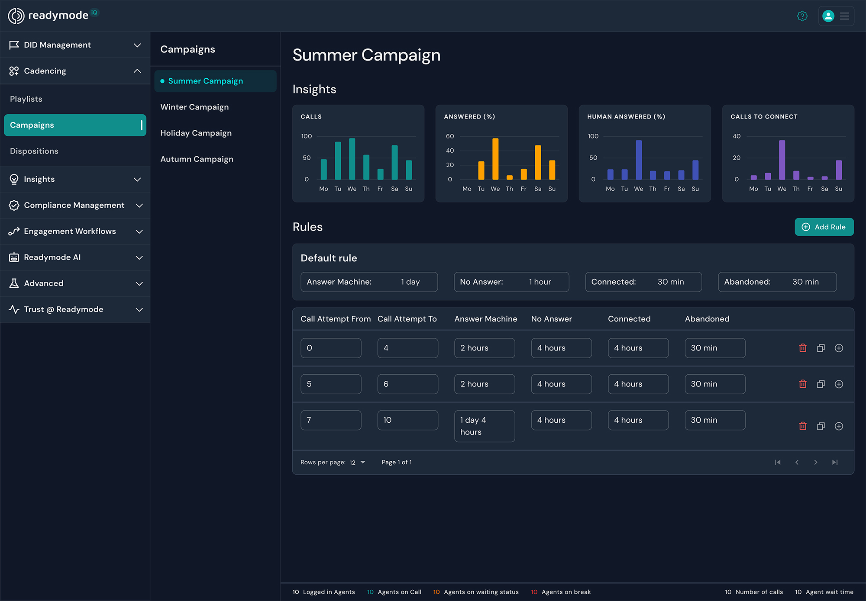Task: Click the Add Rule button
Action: pyautogui.click(x=824, y=227)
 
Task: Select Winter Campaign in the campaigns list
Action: pyautogui.click(x=194, y=107)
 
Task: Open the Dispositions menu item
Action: pyautogui.click(x=34, y=151)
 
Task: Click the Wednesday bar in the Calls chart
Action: pyautogui.click(x=352, y=159)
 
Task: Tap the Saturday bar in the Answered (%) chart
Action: pyautogui.click(x=538, y=162)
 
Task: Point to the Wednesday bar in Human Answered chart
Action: pyautogui.click(x=639, y=160)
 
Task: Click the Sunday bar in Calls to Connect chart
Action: pyautogui.click(x=839, y=170)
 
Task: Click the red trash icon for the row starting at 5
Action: pyautogui.click(x=803, y=384)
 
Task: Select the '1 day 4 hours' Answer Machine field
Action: pyautogui.click(x=484, y=426)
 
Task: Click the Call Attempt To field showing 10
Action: pyautogui.click(x=407, y=420)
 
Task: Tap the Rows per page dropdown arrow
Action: pyautogui.click(x=363, y=462)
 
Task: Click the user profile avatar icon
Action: pyautogui.click(x=828, y=16)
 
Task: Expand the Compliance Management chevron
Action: pyautogui.click(x=139, y=205)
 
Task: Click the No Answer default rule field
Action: pyautogui.click(x=511, y=282)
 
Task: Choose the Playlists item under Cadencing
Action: pyautogui.click(x=26, y=99)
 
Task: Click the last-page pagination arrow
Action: pyautogui.click(x=835, y=462)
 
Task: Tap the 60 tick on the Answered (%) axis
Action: pyautogui.click(x=450, y=136)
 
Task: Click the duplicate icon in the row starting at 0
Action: pyautogui.click(x=821, y=348)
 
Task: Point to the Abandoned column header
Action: pyautogui.click(x=707, y=319)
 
